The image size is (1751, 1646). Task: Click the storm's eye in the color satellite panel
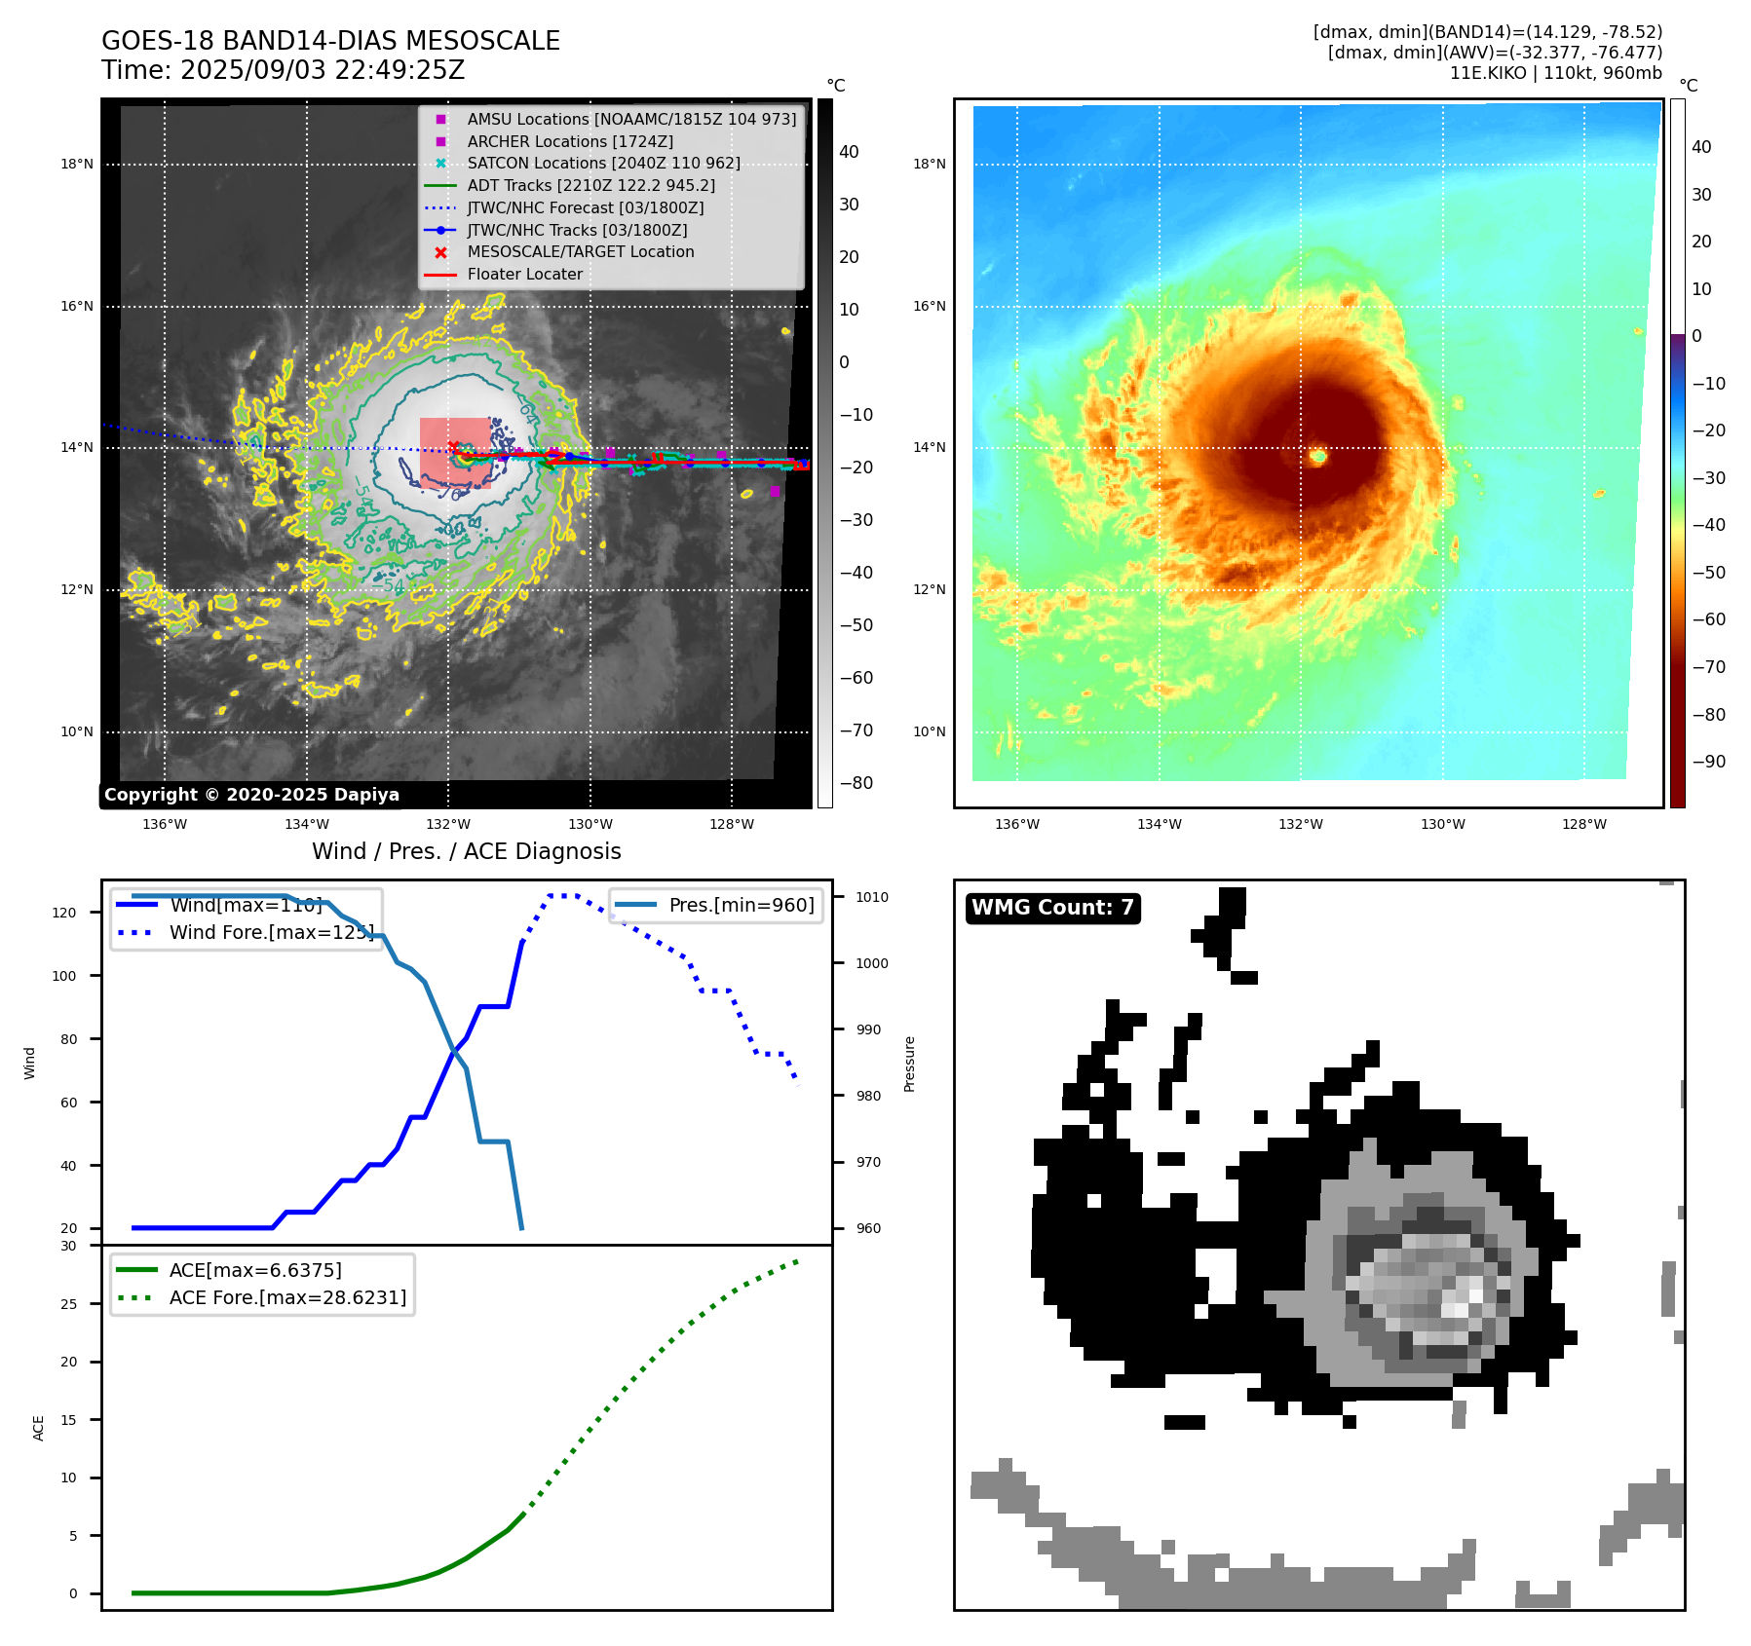coord(1317,456)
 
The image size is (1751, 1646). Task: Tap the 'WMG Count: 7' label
coord(1052,908)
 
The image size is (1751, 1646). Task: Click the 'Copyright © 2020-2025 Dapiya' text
coord(251,795)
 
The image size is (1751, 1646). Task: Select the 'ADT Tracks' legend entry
coord(590,185)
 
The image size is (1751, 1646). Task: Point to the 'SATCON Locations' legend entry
coord(603,163)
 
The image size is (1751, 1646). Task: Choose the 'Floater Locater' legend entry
coord(524,274)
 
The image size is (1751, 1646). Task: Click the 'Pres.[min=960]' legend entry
coord(741,905)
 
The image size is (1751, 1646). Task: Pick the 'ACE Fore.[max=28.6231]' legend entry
coord(287,1297)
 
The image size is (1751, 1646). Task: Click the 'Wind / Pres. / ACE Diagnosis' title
coord(466,851)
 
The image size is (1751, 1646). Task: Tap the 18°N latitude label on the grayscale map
coord(77,164)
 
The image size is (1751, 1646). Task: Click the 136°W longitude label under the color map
coord(1016,824)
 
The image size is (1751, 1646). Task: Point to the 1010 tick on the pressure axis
coord(872,897)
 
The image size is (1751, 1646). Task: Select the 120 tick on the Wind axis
coord(64,913)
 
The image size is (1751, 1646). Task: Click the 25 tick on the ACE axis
coord(68,1304)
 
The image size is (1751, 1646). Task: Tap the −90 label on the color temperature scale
coord(1708,762)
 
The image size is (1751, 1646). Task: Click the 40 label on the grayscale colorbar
coord(849,152)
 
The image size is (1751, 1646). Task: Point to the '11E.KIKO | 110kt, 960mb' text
coord(1555,73)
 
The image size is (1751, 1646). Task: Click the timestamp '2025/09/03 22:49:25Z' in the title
coord(323,70)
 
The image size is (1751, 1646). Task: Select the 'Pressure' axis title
coord(909,1064)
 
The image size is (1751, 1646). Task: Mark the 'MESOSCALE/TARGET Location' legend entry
coord(580,251)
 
